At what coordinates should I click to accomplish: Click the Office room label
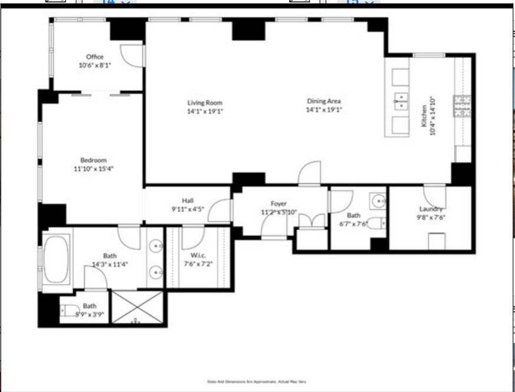point(95,57)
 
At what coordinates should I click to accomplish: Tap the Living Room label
point(205,103)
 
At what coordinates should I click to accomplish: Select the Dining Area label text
point(323,101)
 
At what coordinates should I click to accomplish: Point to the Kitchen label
point(423,121)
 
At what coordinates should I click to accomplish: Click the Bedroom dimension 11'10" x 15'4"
point(93,168)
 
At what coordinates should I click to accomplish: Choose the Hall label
point(187,200)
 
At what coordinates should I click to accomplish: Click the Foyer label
point(279,203)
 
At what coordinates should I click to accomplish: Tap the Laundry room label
point(430,209)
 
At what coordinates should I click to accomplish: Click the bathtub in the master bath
point(56,260)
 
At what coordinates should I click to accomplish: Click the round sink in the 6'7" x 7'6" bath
point(377,202)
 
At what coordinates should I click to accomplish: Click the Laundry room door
point(434,194)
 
